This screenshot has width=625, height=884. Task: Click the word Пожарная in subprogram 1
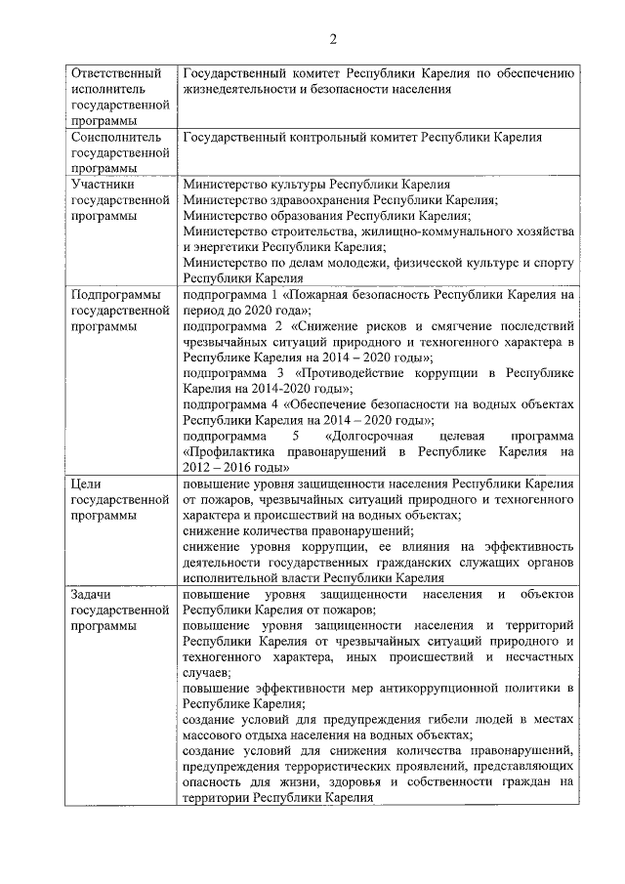[326, 293]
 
